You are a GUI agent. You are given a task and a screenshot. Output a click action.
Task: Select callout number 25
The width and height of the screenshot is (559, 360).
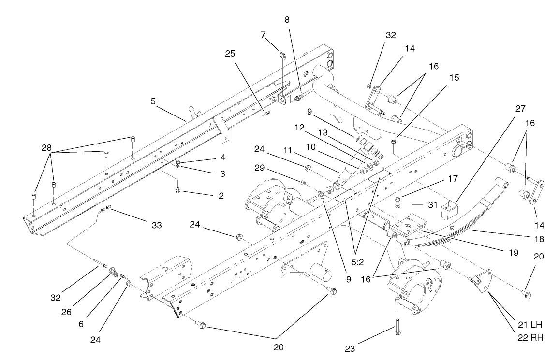[x=229, y=54]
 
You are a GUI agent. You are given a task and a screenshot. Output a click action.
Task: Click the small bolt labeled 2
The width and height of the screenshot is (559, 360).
[x=178, y=191]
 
